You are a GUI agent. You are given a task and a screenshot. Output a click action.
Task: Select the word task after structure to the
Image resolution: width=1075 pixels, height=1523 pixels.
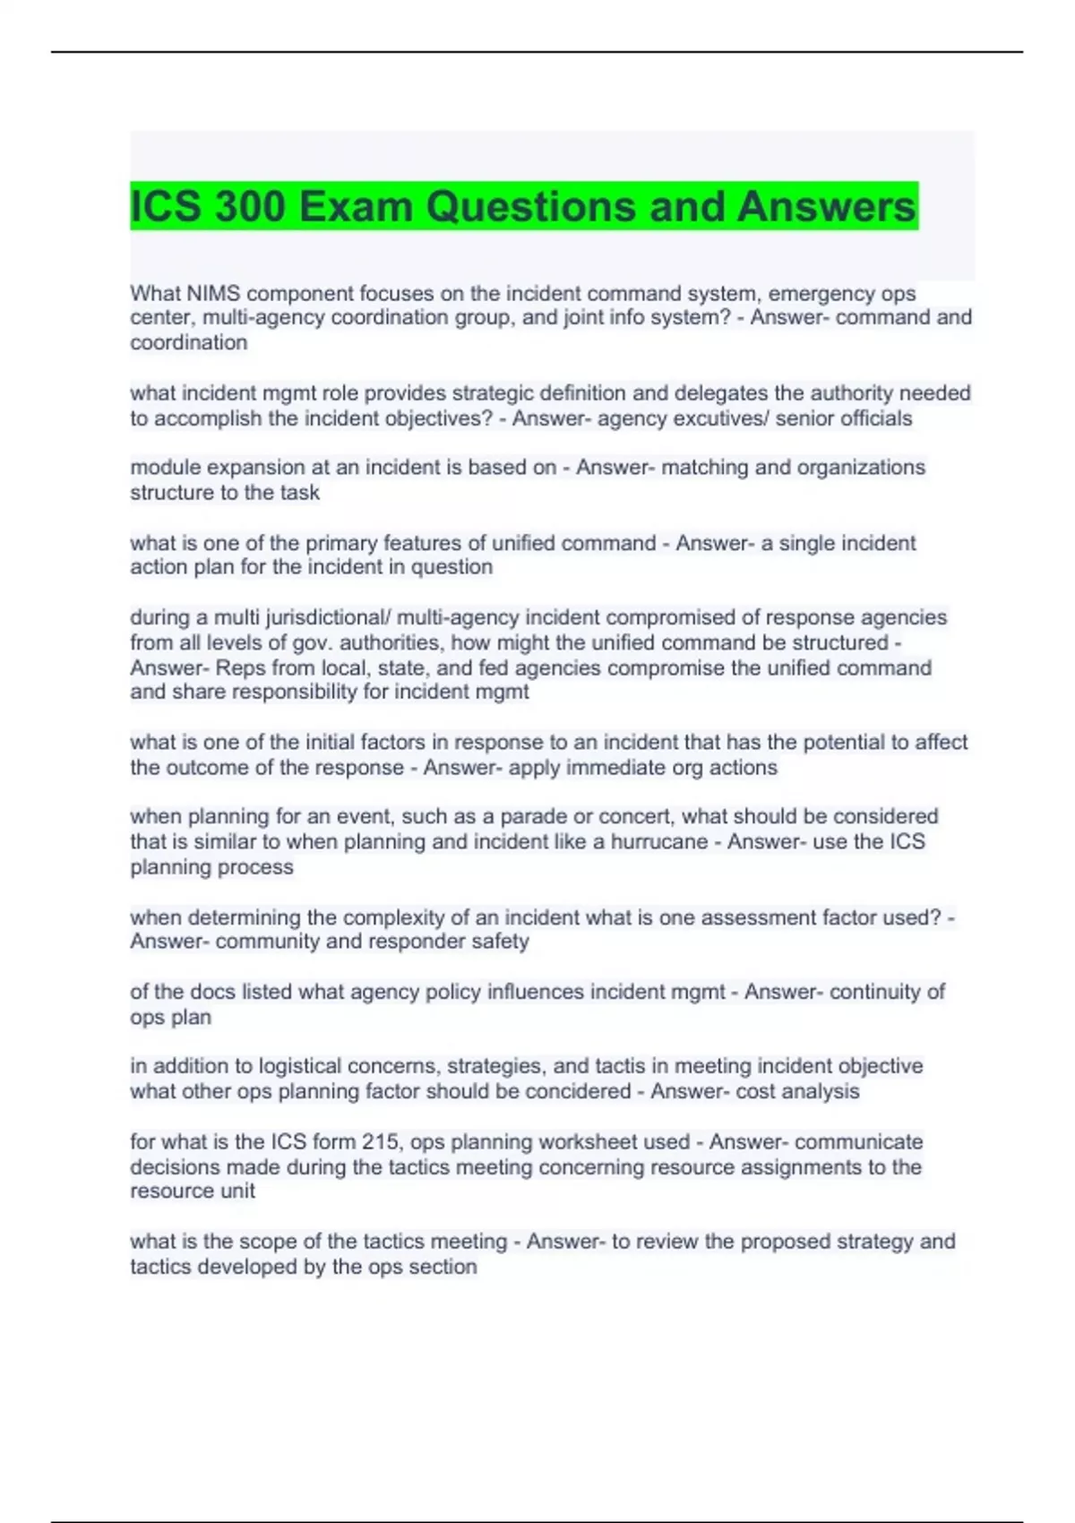click(300, 493)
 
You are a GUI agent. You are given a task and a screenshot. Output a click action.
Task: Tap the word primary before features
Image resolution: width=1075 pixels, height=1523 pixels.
click(342, 543)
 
